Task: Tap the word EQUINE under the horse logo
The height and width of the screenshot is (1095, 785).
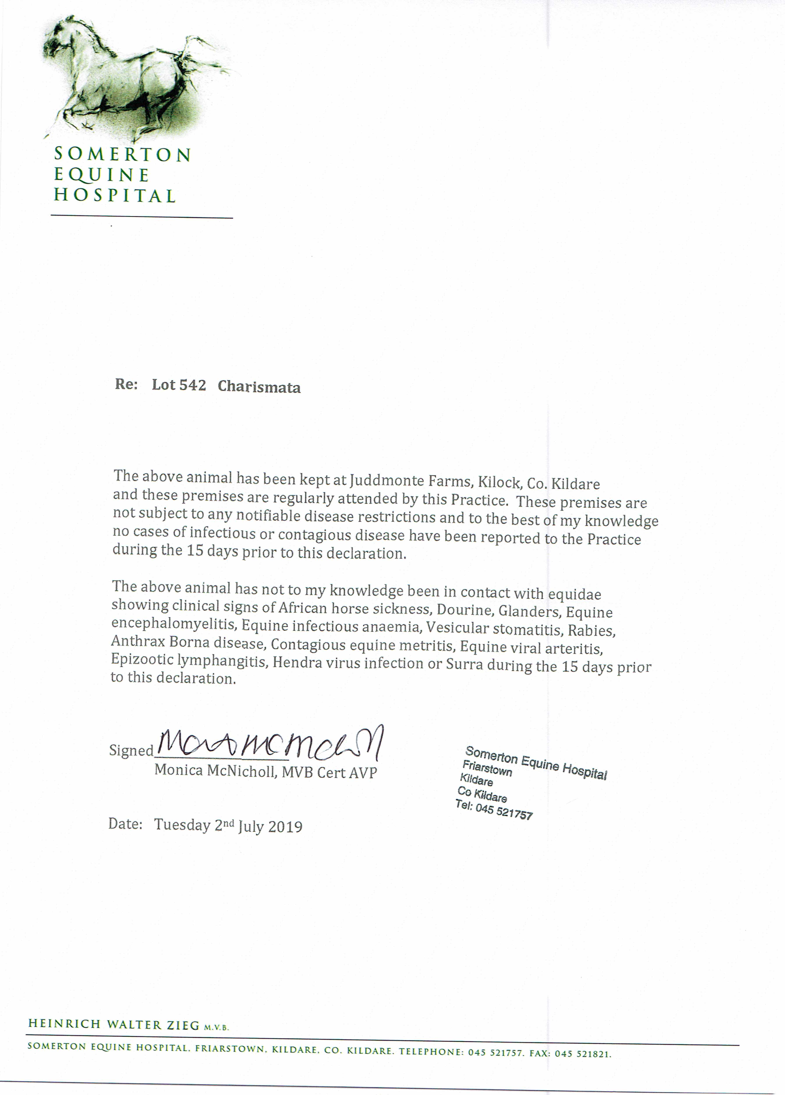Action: coord(101,175)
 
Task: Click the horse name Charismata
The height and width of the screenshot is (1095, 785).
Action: coord(259,387)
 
